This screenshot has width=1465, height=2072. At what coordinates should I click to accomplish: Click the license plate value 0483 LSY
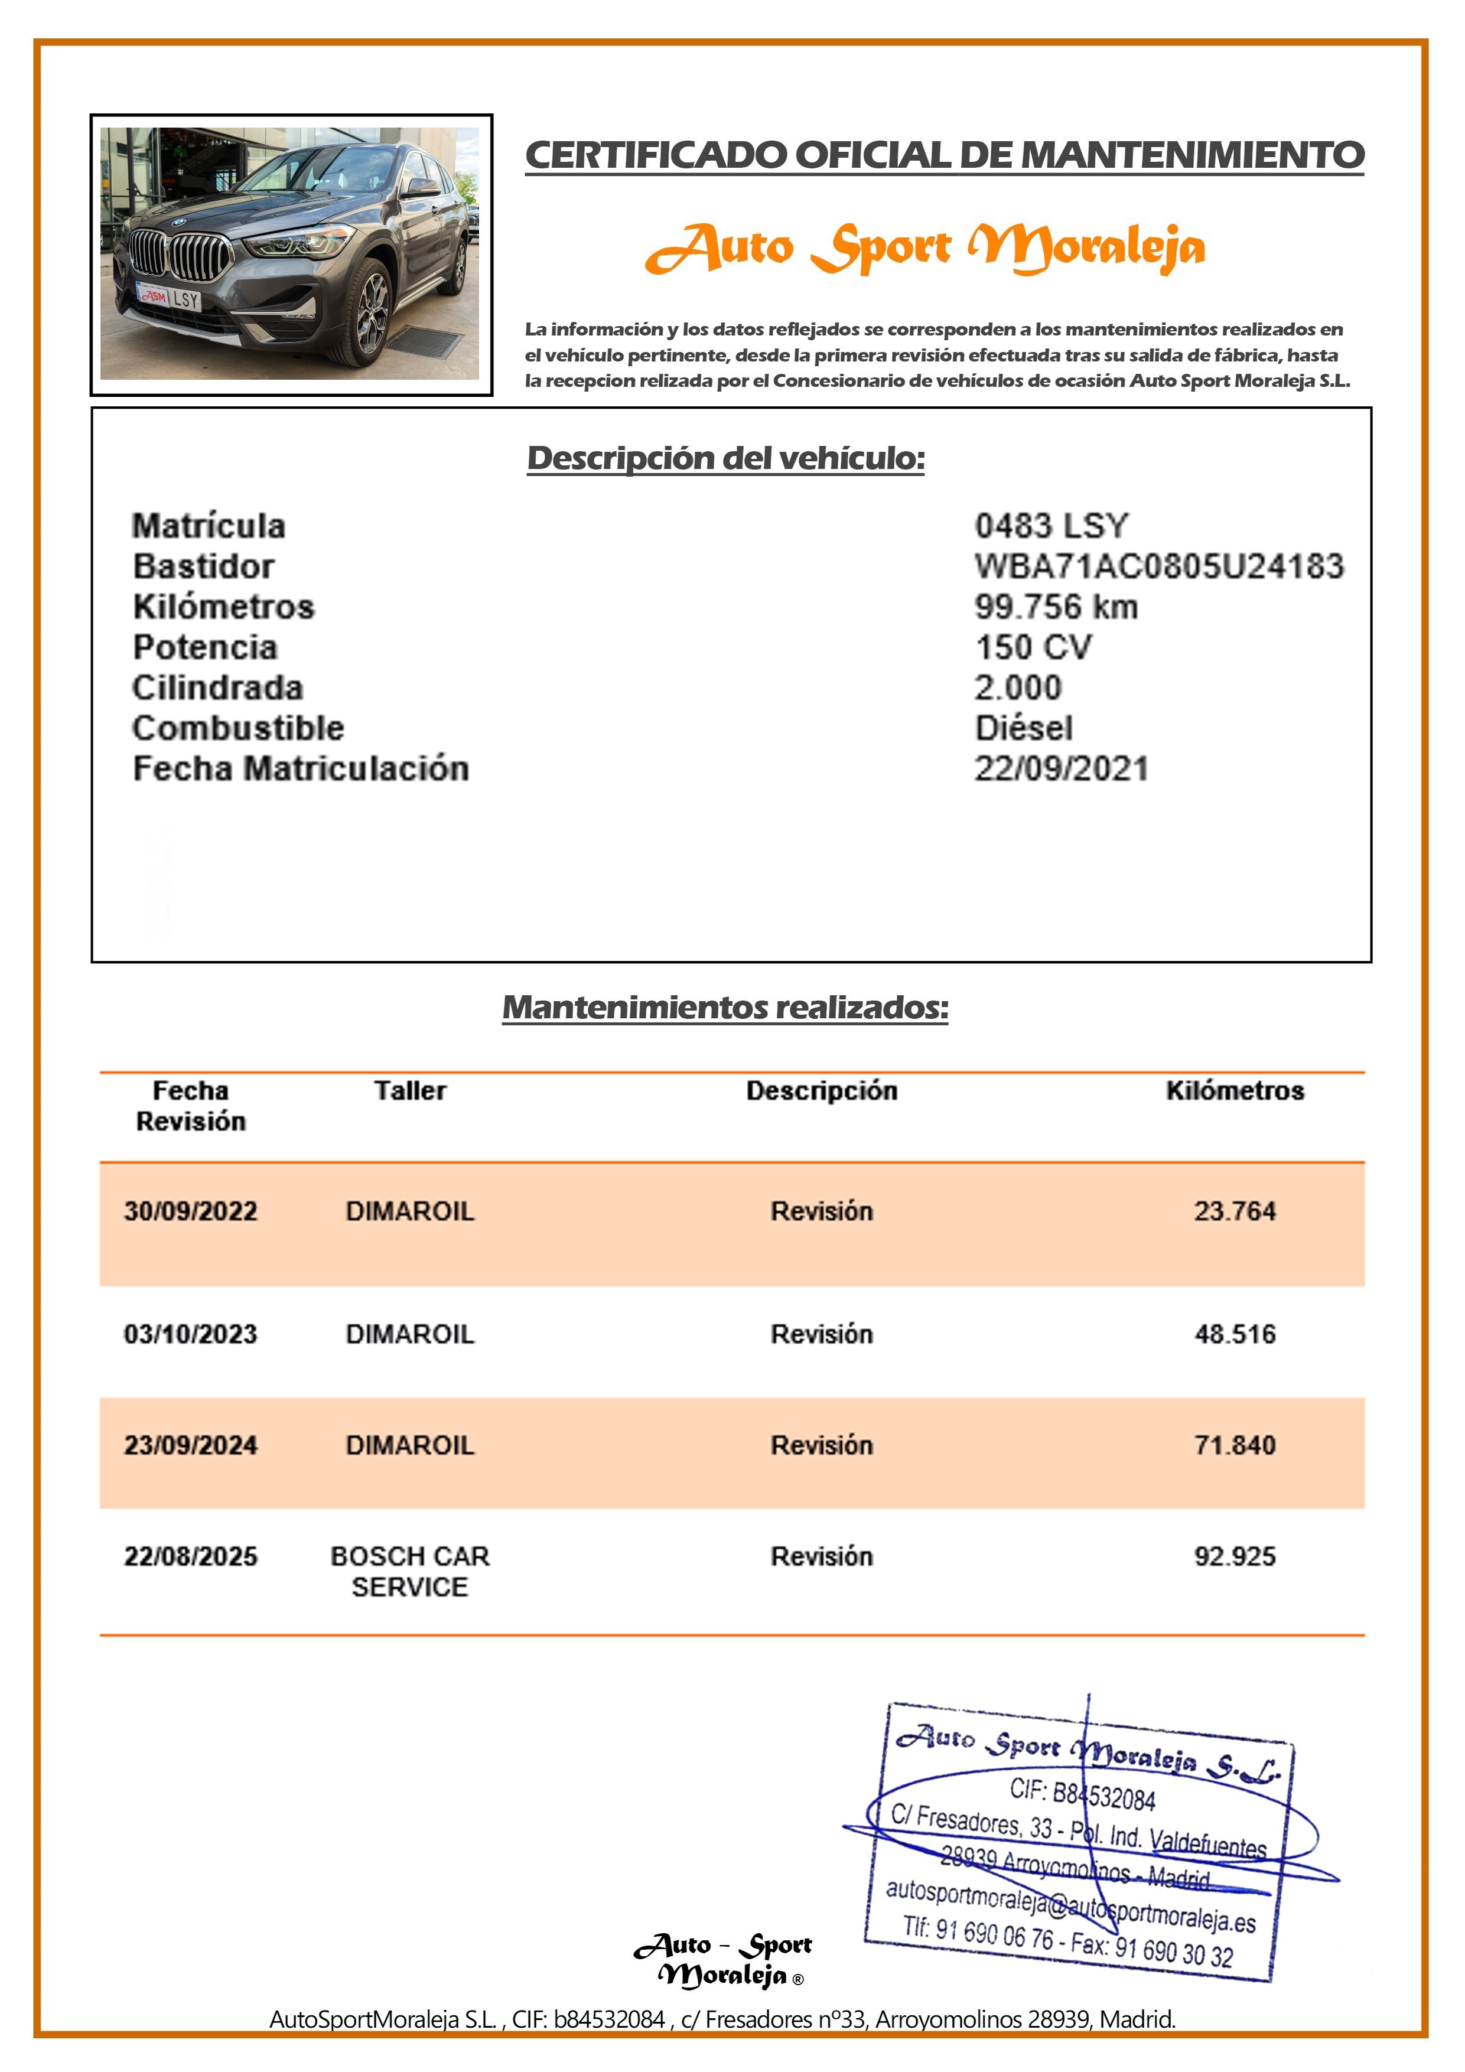pyautogui.click(x=1051, y=525)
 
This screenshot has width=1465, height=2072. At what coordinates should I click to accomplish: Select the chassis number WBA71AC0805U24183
pyautogui.click(x=1158, y=566)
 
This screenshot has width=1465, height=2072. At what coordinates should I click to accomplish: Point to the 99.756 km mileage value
pyautogui.click(x=1055, y=607)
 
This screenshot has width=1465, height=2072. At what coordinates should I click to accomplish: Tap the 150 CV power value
pyautogui.click(x=1033, y=647)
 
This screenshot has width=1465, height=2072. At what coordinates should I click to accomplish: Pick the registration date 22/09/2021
pyautogui.click(x=1060, y=768)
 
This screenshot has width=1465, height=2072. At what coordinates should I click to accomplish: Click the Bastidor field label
pyautogui.click(x=203, y=566)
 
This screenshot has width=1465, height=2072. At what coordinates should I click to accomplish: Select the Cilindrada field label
pyautogui.click(x=217, y=688)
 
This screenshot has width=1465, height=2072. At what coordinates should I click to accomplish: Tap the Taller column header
pyautogui.click(x=410, y=1090)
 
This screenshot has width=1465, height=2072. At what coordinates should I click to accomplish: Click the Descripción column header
pyautogui.click(x=822, y=1090)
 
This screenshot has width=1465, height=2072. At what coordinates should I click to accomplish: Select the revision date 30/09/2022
pyautogui.click(x=190, y=1210)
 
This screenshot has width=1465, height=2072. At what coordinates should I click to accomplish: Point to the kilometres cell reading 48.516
pyautogui.click(x=1234, y=1334)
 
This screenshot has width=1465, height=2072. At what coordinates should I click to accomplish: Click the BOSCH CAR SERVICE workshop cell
pyautogui.click(x=410, y=1571)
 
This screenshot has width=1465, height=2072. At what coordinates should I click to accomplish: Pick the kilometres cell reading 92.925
pyautogui.click(x=1234, y=1556)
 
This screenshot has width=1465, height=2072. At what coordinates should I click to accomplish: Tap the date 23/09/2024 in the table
pyautogui.click(x=190, y=1445)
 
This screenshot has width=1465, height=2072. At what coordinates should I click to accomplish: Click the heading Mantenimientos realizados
pyautogui.click(x=725, y=1007)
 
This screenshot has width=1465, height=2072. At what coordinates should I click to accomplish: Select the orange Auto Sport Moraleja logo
pyautogui.click(x=924, y=248)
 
